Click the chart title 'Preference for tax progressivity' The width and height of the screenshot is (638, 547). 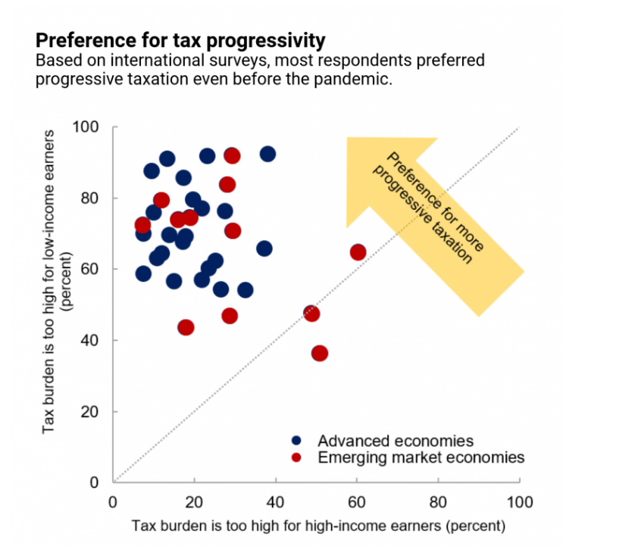pos(180,40)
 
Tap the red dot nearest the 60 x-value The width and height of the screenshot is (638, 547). pos(358,252)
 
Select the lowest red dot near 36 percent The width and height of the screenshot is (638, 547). pos(320,353)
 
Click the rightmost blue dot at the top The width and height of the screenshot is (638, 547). pos(267,154)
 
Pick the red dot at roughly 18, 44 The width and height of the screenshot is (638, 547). pos(186,327)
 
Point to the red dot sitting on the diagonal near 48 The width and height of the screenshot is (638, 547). pos(311,314)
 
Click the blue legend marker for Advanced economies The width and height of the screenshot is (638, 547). pos(297,440)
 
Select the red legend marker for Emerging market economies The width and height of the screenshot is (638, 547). pos(297,458)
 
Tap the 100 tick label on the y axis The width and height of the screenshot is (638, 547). pos(87,127)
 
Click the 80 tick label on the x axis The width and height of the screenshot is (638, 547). pos(438,502)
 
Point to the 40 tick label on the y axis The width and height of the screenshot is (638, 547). pos(91,340)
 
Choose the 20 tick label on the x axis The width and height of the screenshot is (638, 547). pos(194,502)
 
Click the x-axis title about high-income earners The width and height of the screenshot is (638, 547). pos(317,525)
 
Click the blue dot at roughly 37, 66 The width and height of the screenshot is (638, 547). pos(264,248)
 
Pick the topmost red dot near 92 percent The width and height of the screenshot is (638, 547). pos(232,155)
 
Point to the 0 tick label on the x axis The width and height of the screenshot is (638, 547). pos(113,502)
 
